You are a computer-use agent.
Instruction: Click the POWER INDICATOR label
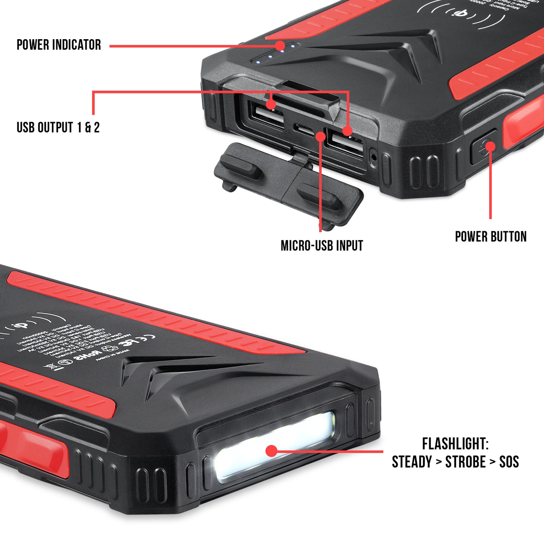59,45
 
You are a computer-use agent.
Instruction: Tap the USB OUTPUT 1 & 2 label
58,128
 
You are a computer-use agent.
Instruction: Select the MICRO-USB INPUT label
322,246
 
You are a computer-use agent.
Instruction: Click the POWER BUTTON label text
491,237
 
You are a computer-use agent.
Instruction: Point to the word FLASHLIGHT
454,444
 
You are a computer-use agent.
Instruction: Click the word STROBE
465,462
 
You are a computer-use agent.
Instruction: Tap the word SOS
509,462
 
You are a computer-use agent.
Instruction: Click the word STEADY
412,462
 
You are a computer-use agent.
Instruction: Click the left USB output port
268,114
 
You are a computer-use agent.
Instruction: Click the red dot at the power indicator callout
280,46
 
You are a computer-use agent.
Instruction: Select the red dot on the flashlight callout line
271,451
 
